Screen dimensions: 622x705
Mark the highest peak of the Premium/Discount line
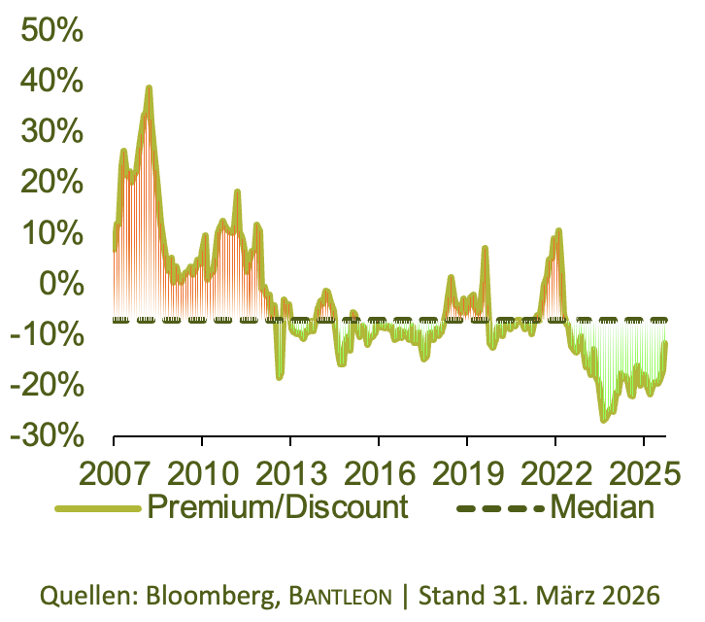[149, 87]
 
